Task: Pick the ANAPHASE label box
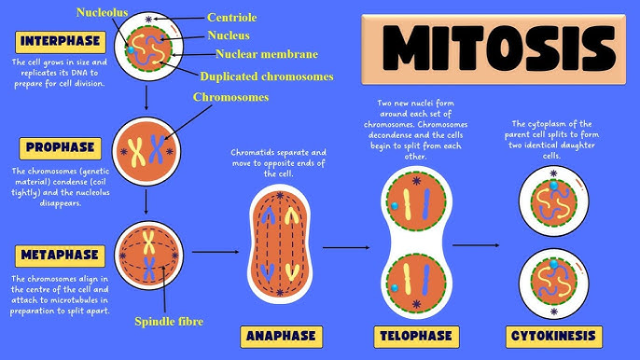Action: (280, 335)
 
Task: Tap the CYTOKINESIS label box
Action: (551, 335)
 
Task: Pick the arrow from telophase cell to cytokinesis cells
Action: (476, 244)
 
